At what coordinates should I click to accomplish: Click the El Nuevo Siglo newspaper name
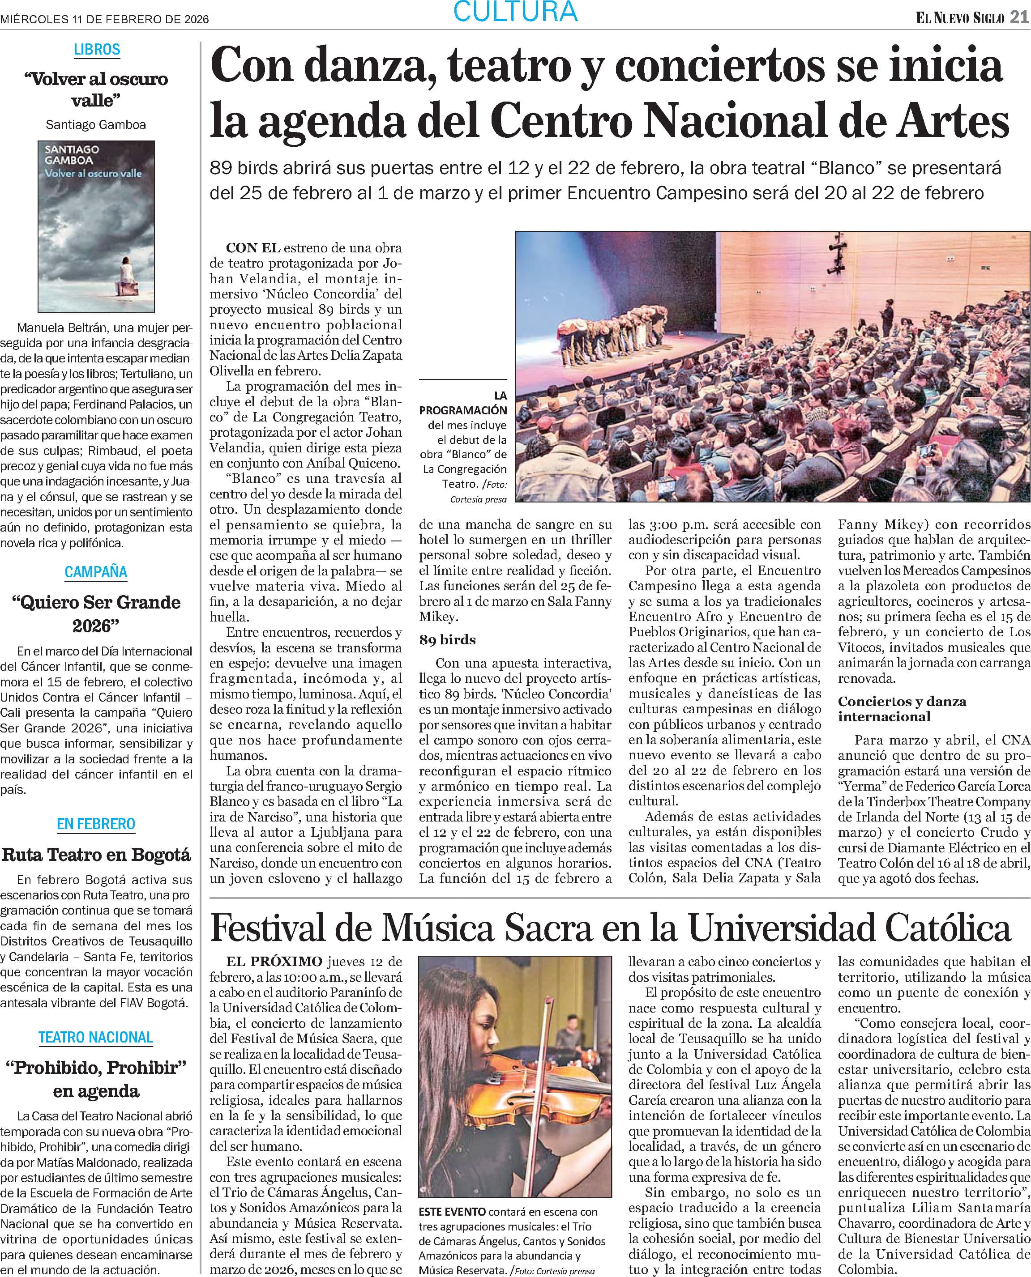[960, 18]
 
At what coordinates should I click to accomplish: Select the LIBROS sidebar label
[97, 49]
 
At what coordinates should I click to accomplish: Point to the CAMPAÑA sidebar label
[96, 572]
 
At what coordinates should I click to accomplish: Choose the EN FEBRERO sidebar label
[96, 824]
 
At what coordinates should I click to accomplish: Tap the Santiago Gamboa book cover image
[96, 226]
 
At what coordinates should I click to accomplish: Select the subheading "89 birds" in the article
[447, 639]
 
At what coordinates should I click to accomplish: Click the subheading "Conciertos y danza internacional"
[902, 708]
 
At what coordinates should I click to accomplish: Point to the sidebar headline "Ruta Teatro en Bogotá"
[96, 855]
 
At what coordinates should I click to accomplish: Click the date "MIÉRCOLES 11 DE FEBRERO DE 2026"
[104, 19]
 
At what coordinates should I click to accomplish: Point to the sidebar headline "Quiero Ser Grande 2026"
[96, 613]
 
